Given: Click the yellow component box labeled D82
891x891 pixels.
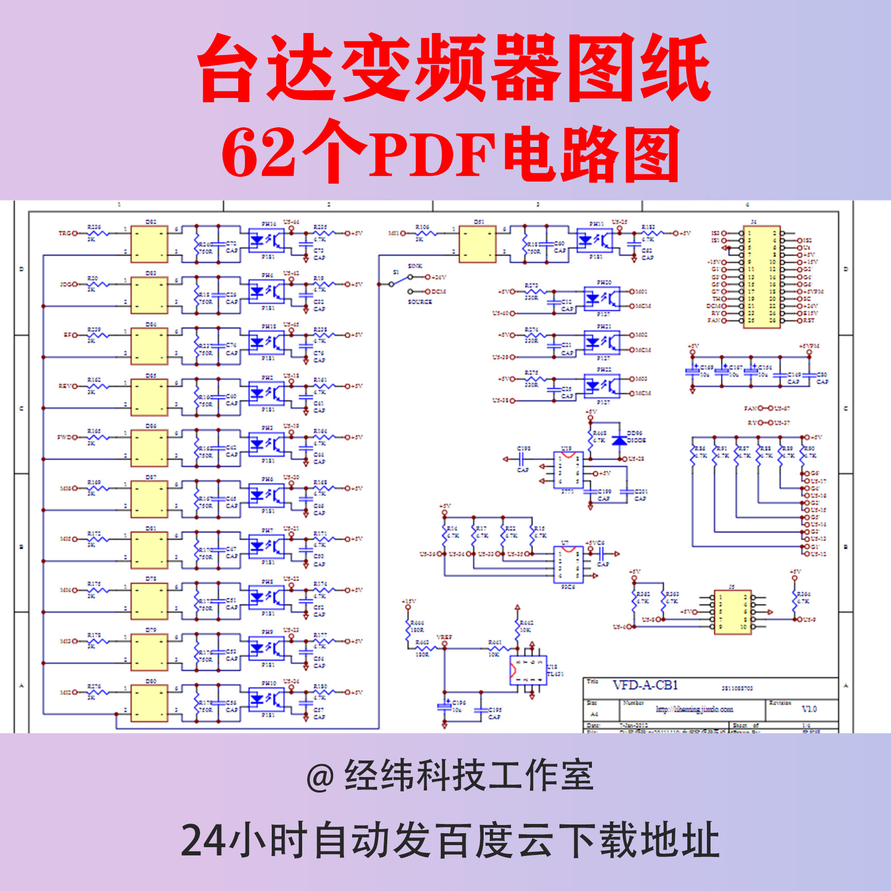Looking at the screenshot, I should pos(149,244).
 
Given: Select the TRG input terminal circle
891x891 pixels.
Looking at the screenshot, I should pos(75,233).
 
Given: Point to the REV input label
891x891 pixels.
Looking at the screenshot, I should pos(64,386).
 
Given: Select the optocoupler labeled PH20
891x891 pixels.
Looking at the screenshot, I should pos(602,298).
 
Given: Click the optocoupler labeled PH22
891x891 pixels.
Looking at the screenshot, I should pos(602,385).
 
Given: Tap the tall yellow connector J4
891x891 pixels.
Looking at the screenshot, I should pos(762,277).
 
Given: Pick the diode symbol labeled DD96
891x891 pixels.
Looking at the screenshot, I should pos(619,440).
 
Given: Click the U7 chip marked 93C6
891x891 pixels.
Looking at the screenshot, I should pos(568,564).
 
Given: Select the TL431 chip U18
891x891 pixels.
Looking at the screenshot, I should pos(528,670).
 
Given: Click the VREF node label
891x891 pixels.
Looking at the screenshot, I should pos(444,637).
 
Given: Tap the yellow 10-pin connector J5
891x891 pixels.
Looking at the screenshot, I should pos(732,612).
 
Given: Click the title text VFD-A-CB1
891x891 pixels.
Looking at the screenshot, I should pos(645,685).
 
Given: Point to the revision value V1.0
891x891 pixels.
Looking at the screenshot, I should pos(809,709).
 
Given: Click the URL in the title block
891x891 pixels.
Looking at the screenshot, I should pos(694,709).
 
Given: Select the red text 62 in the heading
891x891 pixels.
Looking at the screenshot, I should pos(259,153).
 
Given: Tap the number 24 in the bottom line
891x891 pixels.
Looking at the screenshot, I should pos(203,840).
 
